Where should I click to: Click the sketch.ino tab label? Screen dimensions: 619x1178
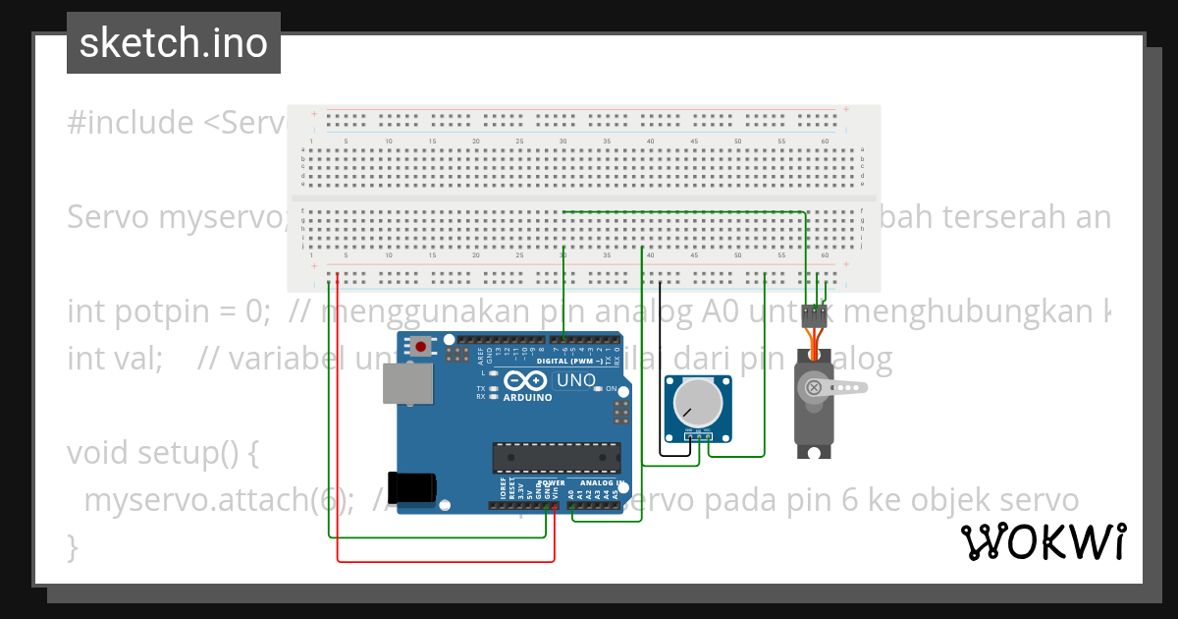click(x=173, y=43)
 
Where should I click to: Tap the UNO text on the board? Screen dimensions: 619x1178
click(x=575, y=380)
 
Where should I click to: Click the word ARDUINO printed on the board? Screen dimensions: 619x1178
click(x=527, y=398)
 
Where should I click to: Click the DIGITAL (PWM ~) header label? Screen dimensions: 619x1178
click(x=577, y=361)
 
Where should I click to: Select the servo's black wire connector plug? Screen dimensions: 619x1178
click(x=814, y=316)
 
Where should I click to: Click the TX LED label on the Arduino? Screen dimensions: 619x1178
click(x=481, y=388)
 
